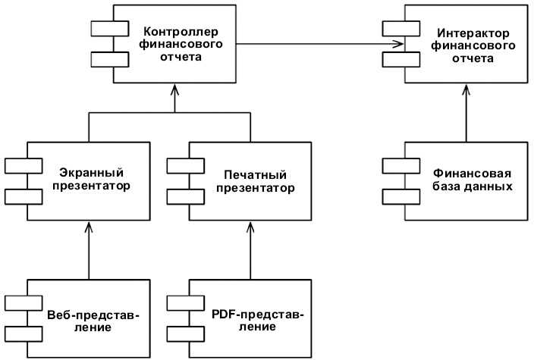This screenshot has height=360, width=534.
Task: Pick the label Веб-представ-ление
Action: pyautogui.click(x=93, y=321)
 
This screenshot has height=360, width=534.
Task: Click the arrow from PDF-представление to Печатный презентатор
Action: pyautogui.click(x=250, y=250)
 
